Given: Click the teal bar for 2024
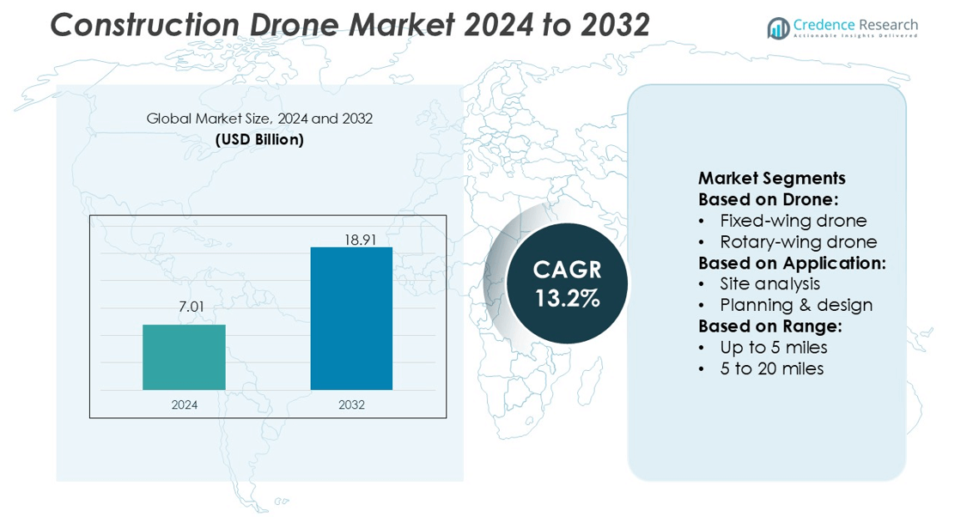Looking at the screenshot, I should pos(184,357).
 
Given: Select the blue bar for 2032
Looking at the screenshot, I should pos(351,319).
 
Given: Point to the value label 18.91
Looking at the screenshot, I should pos(361,240).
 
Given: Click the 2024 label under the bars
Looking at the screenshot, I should pos(184,404).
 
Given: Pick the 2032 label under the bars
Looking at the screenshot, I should pos(351,404).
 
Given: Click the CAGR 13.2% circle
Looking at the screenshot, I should pos(567,283).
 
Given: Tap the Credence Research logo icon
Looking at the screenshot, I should pos(778,28).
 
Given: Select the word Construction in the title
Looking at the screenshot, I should pos(143,26).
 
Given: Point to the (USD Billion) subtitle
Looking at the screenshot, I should pos(259,139).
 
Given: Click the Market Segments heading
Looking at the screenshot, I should pos(771,179).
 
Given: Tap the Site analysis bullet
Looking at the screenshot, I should pos(769,283).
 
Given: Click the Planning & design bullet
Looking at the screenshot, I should pos(796,305).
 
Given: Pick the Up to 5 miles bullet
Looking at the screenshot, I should pos(774,348).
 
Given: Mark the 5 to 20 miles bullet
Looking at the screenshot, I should pos(771,368).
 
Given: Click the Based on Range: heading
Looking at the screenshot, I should pos(769,326).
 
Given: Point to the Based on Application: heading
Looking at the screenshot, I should pos(792,263).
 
